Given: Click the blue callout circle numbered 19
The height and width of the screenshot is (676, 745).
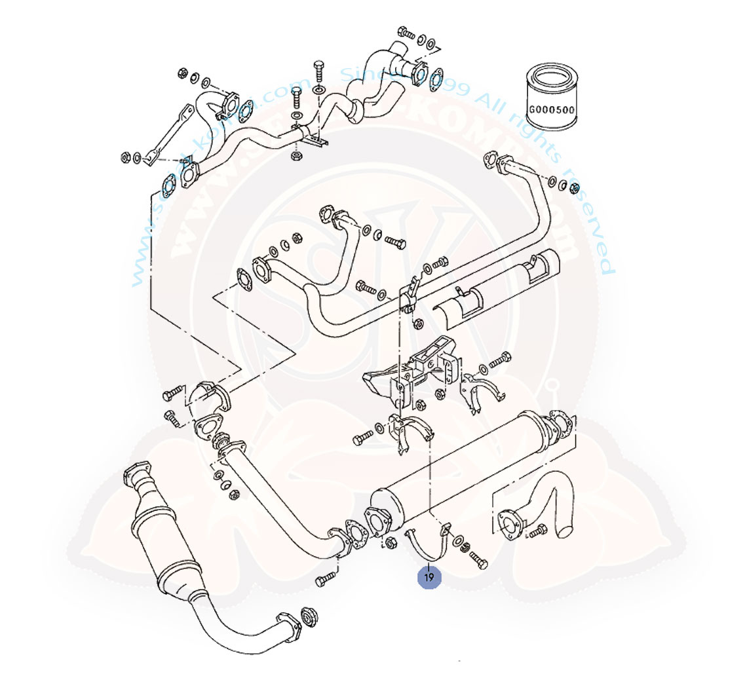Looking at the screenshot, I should click(429, 578).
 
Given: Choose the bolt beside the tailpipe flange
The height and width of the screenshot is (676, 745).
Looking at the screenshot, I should click(537, 531).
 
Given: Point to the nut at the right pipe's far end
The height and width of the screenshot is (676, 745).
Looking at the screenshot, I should click(575, 189).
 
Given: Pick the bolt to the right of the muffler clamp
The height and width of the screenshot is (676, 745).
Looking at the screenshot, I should click(478, 561).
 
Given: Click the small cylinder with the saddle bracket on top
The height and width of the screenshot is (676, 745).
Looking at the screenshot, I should click(531, 272).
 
